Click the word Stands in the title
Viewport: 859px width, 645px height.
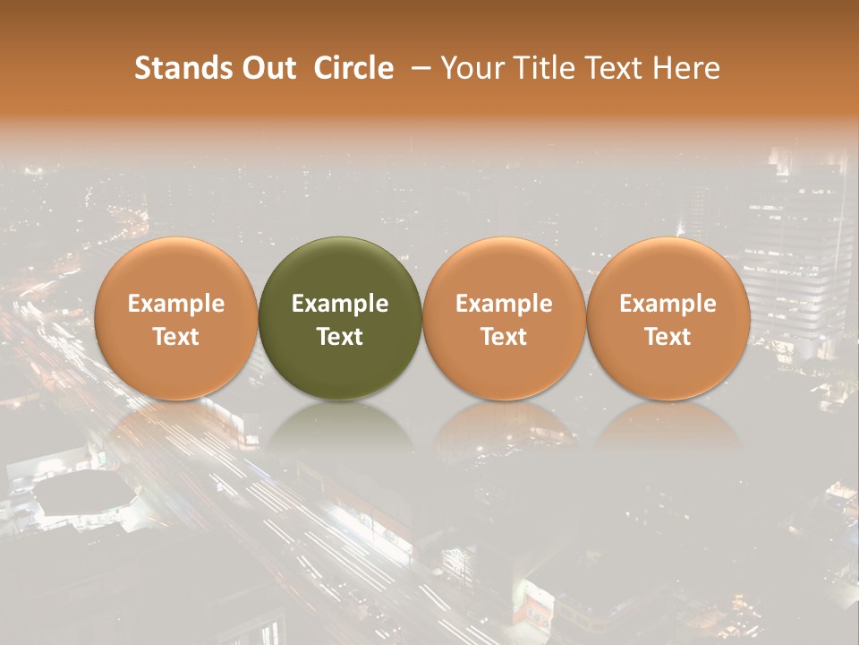(183, 68)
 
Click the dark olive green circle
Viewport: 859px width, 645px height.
(340, 318)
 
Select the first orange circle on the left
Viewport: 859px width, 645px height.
(176, 318)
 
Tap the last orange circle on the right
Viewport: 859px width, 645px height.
(668, 318)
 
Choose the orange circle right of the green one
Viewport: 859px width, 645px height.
(504, 318)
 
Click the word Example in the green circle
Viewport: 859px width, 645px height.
(340, 304)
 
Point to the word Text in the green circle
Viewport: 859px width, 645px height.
(340, 337)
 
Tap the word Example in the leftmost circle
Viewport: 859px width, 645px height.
(176, 304)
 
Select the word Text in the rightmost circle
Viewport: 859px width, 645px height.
(668, 337)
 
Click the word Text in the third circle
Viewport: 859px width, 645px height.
(504, 337)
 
